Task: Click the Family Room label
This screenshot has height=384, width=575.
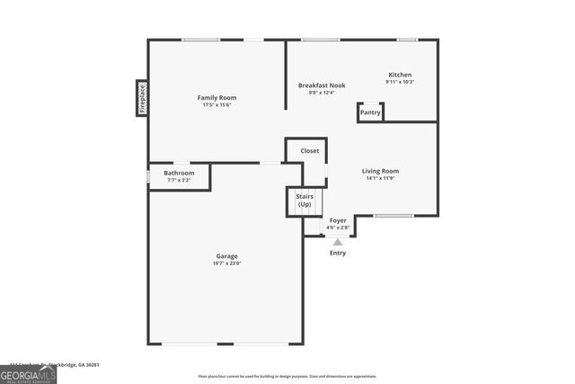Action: coord(217,97)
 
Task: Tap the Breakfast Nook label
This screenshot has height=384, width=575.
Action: coord(322,85)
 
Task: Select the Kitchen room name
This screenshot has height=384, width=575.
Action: coord(400,75)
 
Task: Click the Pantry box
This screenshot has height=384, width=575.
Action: coord(370,112)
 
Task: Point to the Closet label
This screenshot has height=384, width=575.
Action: coord(310,151)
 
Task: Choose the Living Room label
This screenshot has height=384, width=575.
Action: coord(380,171)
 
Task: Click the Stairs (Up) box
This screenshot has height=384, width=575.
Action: coord(305,201)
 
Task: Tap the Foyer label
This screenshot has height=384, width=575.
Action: coord(338,220)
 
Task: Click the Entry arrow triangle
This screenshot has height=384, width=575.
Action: coord(338,241)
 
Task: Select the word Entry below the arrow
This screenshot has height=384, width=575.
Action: coord(338,253)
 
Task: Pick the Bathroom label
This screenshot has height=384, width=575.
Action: coord(179,173)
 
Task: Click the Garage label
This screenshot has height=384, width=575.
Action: coord(226,256)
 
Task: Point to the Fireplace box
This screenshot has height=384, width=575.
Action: coord(142,98)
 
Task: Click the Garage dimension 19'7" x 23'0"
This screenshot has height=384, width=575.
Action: coord(226,263)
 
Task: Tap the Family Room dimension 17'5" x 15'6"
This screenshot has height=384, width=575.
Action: coord(217,105)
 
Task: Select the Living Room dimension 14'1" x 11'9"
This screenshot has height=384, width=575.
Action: coord(380,178)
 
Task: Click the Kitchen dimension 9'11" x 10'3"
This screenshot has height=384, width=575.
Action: coord(400,82)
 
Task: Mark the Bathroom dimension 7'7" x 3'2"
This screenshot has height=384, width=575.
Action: coord(179,180)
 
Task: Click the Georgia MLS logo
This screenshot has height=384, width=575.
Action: coord(28,373)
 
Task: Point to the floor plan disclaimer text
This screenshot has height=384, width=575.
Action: coord(287,376)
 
